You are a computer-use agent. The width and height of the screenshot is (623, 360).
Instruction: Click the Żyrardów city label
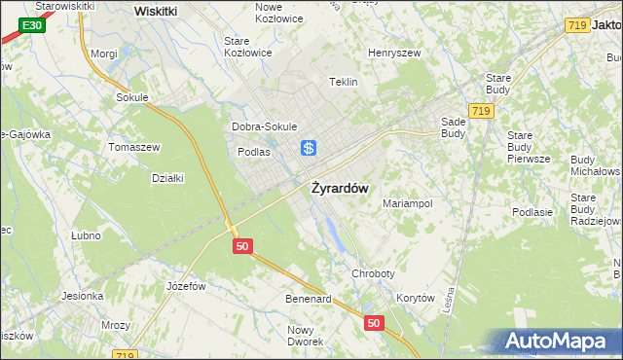point(339,189)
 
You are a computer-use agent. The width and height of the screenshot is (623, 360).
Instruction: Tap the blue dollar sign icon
point(308,148)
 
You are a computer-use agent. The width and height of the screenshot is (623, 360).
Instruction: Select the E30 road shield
point(31,24)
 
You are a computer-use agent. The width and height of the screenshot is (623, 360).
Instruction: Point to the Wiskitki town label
point(156,11)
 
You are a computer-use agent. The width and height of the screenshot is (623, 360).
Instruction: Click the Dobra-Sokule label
point(264,126)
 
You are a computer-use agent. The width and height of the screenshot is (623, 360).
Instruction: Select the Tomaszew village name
point(134,146)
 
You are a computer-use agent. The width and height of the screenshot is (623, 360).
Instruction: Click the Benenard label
point(309,298)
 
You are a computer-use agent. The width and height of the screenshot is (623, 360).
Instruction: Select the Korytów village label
point(416,298)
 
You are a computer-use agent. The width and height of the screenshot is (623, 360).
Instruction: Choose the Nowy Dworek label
point(306,336)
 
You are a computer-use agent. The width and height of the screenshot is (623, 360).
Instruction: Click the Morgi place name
point(104,54)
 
